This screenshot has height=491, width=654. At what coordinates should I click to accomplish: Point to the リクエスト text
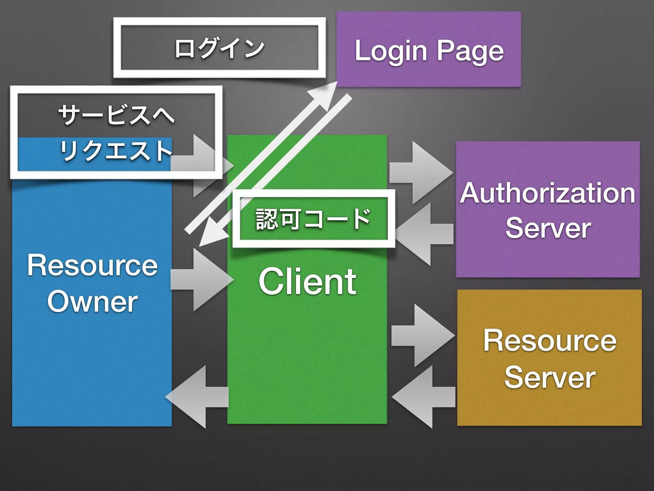tap(116, 151)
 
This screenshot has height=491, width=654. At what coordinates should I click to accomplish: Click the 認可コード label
tap(313, 219)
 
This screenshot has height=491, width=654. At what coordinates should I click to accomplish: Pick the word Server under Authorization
tap(548, 228)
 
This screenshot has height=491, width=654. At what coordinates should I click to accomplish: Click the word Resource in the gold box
tap(549, 341)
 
